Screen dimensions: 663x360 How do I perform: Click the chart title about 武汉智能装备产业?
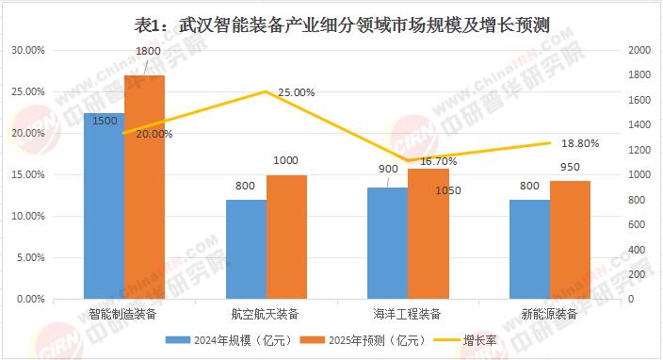tap(342, 25)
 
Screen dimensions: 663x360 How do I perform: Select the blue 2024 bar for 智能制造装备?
tap(104, 205)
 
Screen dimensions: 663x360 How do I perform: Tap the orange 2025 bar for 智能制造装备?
tap(145, 187)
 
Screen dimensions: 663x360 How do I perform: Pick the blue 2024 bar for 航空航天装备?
tap(246, 249)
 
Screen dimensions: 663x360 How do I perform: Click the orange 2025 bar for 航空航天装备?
tap(286, 237)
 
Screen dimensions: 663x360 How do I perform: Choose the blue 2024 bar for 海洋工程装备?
tap(388, 243)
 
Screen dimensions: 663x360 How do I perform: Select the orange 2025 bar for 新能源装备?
tap(570, 240)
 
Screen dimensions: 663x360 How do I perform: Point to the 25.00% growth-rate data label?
tap(297, 92)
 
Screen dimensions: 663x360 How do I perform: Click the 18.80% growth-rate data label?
tap(580, 144)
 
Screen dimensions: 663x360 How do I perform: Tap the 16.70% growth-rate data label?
tap(439, 161)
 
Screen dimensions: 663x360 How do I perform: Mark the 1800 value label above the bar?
tap(148, 51)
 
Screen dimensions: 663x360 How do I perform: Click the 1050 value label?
tap(448, 190)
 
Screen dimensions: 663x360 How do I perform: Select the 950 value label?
tap(570, 167)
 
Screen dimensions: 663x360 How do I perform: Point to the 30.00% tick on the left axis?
tap(28, 50)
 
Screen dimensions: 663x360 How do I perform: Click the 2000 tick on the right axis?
tap(639, 50)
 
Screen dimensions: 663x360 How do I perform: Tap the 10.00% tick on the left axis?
tap(28, 216)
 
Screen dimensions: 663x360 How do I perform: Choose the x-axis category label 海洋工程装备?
tap(407, 314)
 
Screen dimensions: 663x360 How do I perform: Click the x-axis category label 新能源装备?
tap(549, 314)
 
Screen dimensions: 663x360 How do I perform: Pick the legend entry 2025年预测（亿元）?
tap(363, 340)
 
